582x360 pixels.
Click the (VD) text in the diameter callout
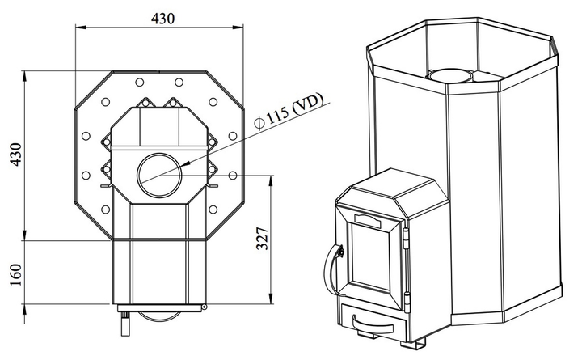pos(309,108)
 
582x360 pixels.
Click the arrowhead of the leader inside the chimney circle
pos(183,165)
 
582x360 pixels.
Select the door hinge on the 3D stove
pos(407,238)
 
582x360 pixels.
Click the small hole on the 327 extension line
pos(234,175)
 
